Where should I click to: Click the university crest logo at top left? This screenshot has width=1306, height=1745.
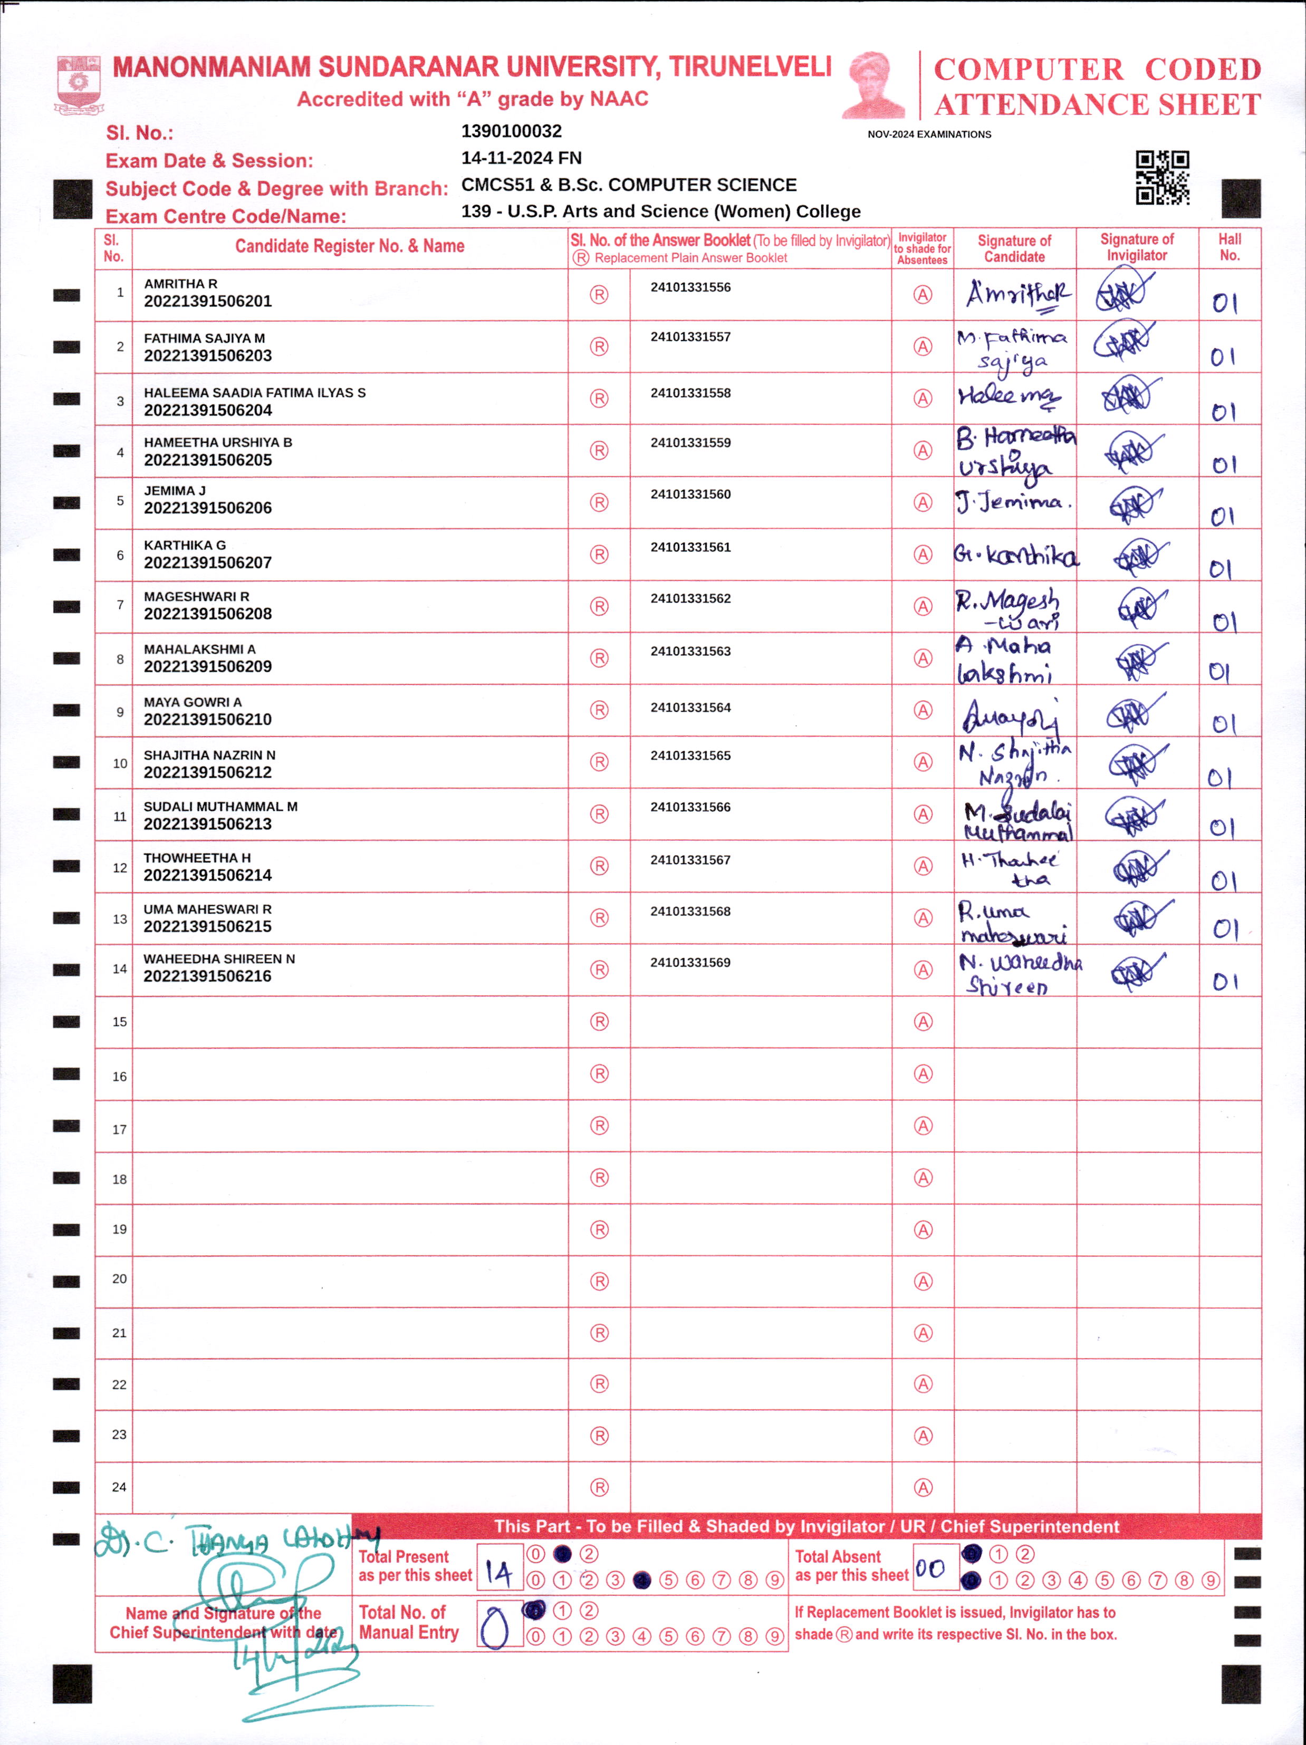78,84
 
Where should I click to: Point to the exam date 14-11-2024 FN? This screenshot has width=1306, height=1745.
521,158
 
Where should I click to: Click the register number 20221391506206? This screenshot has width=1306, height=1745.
207,508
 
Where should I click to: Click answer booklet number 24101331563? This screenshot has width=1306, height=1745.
690,651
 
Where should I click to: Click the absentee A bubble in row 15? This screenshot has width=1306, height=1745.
923,1022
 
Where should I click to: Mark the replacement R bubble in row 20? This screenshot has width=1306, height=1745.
599,1281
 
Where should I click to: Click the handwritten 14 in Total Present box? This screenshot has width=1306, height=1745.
499,1574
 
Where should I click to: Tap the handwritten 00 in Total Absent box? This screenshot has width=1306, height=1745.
930,1568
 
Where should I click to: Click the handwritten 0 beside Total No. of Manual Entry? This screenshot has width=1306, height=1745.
495,1627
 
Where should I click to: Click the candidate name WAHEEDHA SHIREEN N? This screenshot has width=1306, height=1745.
219,958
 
